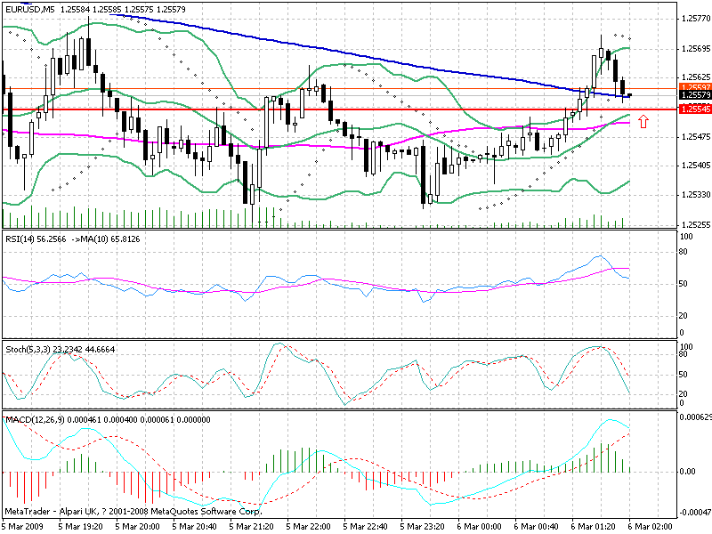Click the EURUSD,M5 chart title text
(x=30, y=10)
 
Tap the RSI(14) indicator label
(x=21, y=239)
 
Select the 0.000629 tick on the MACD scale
(x=694, y=417)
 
